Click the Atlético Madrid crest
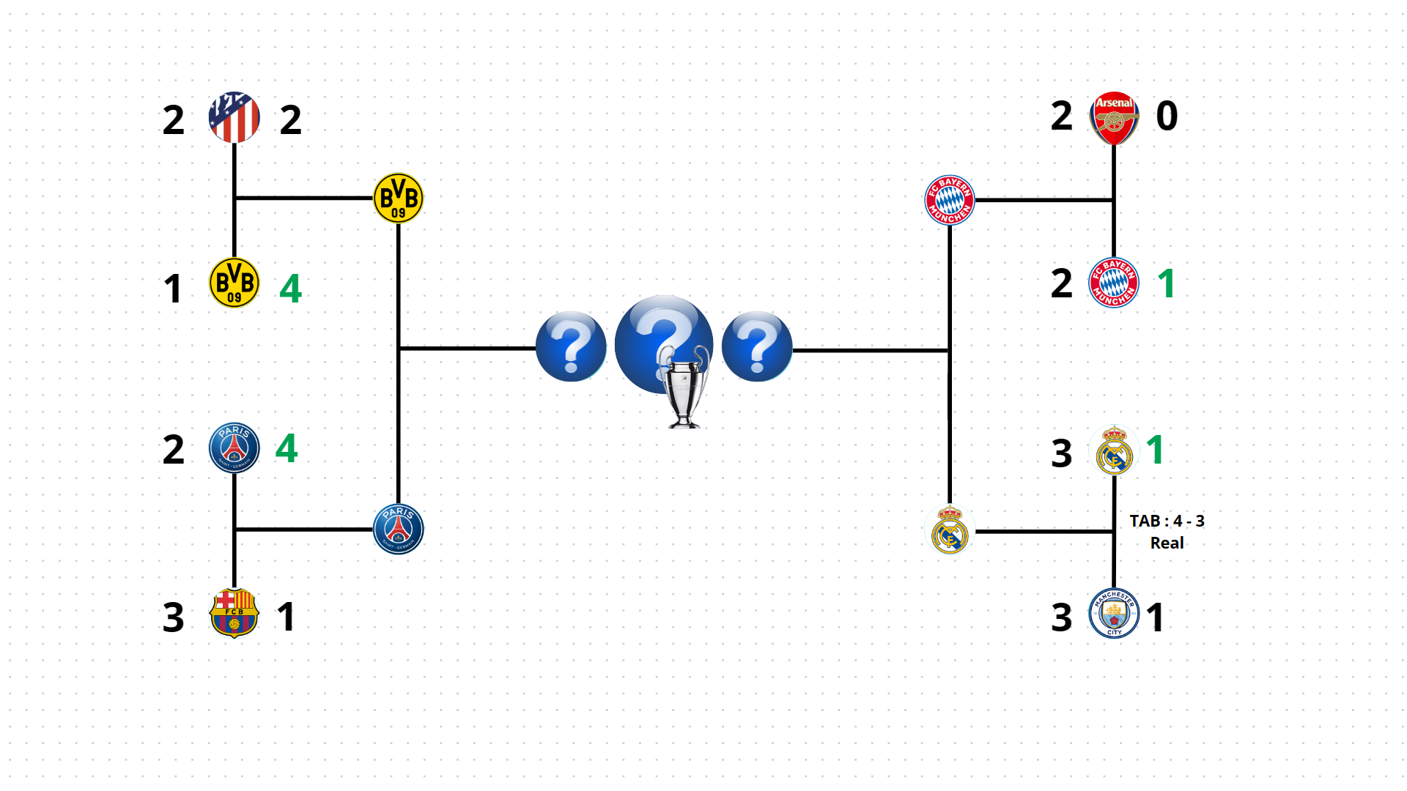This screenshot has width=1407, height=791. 234,117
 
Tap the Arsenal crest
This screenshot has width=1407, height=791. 1114,118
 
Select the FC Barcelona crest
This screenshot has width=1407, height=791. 234,613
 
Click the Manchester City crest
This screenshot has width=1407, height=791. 1114,614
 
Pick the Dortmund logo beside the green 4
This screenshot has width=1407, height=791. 234,283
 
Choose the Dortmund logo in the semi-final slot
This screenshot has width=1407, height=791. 398,198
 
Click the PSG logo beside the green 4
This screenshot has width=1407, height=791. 234,448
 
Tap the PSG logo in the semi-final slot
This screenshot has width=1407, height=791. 398,529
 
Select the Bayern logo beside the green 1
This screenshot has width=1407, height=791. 1114,283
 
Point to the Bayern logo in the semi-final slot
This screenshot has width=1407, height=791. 950,200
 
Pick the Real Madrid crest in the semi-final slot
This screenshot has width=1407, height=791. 950,531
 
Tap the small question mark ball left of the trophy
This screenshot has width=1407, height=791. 571,346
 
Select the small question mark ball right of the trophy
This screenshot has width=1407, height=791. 757,346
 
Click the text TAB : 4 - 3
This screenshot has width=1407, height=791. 1167,521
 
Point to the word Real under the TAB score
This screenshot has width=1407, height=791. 1167,543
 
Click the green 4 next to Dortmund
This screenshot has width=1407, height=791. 290,288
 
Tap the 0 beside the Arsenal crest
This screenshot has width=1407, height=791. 1167,116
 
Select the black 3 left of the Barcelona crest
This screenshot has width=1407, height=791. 173,617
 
